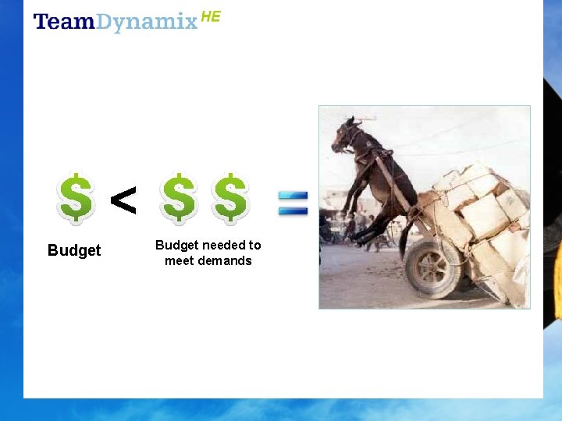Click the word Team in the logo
click(64, 22)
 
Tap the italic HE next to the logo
click(211, 16)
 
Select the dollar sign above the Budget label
click(76, 198)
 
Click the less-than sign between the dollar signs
click(123, 200)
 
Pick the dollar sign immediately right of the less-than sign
click(180, 198)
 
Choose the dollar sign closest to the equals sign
click(231, 198)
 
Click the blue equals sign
click(294, 203)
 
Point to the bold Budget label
click(74, 250)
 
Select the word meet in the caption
click(178, 260)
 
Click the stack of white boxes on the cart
click(484, 210)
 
